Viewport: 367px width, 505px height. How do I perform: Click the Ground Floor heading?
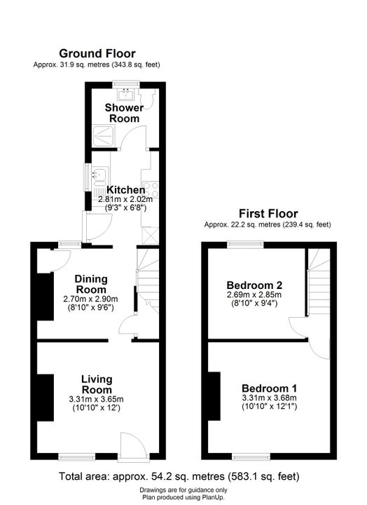tap(97, 53)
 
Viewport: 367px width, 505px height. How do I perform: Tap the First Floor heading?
tap(268, 213)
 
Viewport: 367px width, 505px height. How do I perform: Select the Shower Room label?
tap(124, 113)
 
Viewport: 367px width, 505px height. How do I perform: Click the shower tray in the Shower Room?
tap(103, 137)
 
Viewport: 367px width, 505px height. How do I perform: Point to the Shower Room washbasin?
tap(125, 95)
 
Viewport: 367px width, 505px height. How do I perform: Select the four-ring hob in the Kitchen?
tap(151, 189)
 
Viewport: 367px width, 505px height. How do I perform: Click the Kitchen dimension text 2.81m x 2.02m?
tap(125, 199)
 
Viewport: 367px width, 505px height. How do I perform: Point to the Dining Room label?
tap(91, 284)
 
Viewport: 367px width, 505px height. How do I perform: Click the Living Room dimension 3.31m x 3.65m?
tap(96, 399)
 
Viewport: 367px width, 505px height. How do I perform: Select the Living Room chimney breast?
tap(45, 398)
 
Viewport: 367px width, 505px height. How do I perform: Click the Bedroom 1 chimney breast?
tap(214, 396)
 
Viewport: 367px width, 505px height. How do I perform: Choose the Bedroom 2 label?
tap(254, 285)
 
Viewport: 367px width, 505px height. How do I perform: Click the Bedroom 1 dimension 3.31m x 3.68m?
tap(269, 398)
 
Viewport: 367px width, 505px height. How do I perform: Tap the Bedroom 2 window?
tap(245, 245)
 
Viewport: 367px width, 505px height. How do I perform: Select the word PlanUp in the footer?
tap(212, 497)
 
